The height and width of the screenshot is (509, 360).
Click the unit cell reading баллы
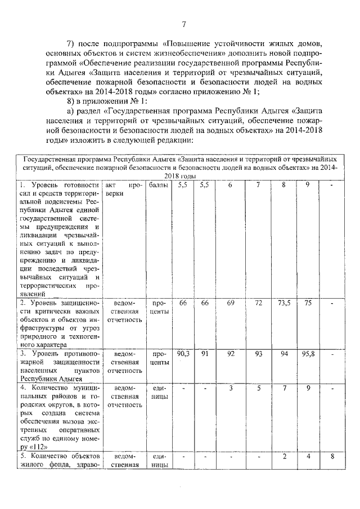pos(160,184)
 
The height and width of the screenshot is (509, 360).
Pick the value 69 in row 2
pos(230,303)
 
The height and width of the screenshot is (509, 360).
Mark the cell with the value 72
pos(259,303)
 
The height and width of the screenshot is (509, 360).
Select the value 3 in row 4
pos(230,388)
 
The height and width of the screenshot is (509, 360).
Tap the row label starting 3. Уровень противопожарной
pos(59,366)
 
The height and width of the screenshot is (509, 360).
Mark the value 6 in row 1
pos(230,184)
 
